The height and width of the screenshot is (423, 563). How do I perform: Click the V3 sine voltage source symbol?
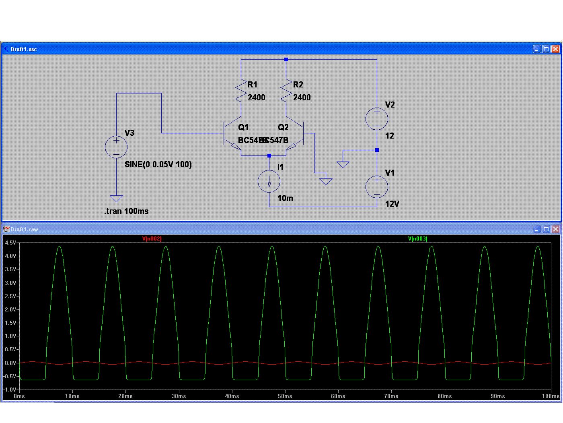click(x=116, y=147)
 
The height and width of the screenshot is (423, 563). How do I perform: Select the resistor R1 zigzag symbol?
click(x=241, y=91)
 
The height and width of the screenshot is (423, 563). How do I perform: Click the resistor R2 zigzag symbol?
click(x=286, y=91)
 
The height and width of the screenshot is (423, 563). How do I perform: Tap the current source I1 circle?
click(x=269, y=181)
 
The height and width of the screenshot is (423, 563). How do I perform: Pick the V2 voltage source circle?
click(x=377, y=119)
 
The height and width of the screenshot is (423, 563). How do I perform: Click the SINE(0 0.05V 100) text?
click(x=158, y=164)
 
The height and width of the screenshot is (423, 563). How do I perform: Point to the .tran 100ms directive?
click(x=126, y=211)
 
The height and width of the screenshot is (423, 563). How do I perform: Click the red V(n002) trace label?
click(x=152, y=238)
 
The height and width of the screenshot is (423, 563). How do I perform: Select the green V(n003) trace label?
click(x=418, y=238)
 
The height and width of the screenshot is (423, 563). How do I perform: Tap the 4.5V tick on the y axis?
click(x=10, y=243)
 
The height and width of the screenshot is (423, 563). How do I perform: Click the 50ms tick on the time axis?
click(x=285, y=396)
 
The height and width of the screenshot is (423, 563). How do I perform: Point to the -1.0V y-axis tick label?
click(x=10, y=390)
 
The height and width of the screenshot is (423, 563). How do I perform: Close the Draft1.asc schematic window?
click(x=555, y=49)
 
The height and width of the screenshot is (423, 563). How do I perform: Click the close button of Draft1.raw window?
click(x=555, y=229)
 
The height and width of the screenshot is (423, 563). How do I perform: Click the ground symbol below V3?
click(x=116, y=198)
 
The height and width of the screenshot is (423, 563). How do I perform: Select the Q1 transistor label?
click(x=243, y=127)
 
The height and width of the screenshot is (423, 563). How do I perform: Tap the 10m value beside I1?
click(x=285, y=198)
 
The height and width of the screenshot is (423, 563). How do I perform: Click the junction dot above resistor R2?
click(x=286, y=60)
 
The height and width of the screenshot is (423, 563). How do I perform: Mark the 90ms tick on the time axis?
click(x=498, y=396)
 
